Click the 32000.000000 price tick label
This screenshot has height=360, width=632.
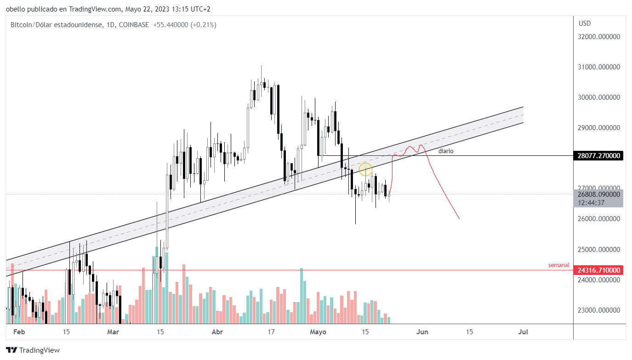pyautogui.click(x=599, y=37)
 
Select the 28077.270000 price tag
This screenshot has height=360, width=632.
pyautogui.click(x=599, y=156)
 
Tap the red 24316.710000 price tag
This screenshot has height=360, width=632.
pyautogui.click(x=599, y=270)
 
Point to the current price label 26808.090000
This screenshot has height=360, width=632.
pyautogui.click(x=599, y=194)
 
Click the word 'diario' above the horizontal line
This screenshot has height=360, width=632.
pyautogui.click(x=446, y=151)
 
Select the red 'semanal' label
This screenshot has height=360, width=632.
pyautogui.click(x=558, y=265)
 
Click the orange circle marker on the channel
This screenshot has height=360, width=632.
pyautogui.click(x=365, y=169)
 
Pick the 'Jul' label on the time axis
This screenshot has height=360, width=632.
pyautogui.click(x=523, y=332)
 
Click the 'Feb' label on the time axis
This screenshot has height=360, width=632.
pyautogui.click(x=18, y=332)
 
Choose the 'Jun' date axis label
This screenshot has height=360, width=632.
pyautogui.click(x=422, y=332)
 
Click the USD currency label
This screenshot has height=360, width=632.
pyautogui.click(x=585, y=23)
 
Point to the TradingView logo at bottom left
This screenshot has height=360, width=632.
pyautogui.click(x=33, y=350)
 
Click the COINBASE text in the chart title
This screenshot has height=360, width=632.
pyautogui.click(x=133, y=25)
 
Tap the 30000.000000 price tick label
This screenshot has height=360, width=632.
pyautogui.click(x=599, y=97)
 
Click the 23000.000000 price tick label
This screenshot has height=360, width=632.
pyautogui.click(x=599, y=310)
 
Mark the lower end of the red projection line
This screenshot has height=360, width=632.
pyautogui.click(x=459, y=219)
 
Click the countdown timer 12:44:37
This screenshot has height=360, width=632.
pyautogui.click(x=592, y=203)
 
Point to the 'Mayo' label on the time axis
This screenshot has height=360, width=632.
pyautogui.click(x=318, y=332)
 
